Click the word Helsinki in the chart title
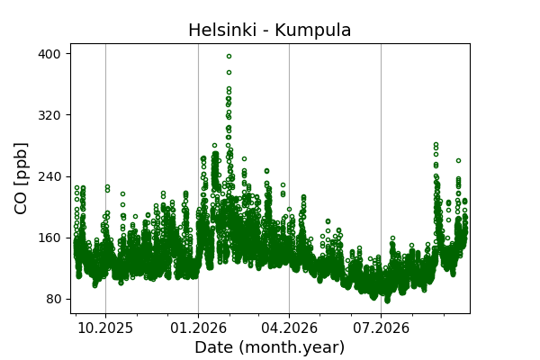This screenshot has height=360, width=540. coord(222,30)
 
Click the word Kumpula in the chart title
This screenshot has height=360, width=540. coord(312,31)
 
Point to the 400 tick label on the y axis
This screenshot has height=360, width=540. coord(49,54)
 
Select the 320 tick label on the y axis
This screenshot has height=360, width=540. coord(49,115)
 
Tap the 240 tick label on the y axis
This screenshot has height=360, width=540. coord(49,176)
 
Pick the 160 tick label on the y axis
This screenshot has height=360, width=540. coord(49,238)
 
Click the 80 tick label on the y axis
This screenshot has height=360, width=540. coord(53,300)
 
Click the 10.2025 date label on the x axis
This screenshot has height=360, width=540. coord(105,328)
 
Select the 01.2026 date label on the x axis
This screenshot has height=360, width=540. coord(198,328)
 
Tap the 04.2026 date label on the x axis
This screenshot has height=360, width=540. coord(289,328)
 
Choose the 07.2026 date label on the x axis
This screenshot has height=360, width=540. coord(381,328)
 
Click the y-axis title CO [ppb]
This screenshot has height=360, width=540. coord(21,178)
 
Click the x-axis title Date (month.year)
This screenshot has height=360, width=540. coord(270,347)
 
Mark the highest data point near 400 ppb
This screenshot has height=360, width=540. coord(229,56)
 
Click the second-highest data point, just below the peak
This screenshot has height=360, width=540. coord(229,72)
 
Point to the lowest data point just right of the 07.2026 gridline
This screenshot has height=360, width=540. coord(387,301)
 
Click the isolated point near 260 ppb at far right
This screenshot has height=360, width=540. coord(458,160)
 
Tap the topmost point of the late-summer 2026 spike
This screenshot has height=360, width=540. coord(436,144)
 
